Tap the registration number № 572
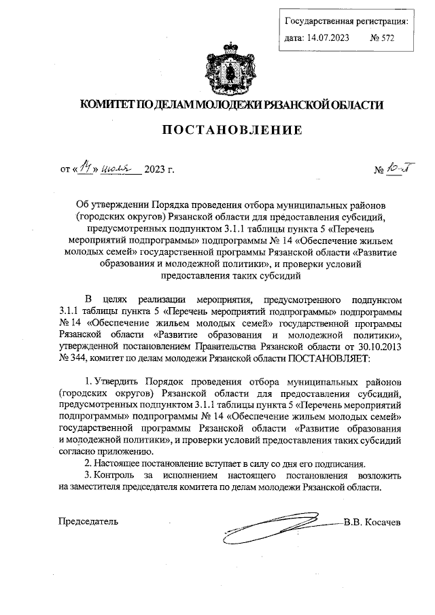point(382,39)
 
